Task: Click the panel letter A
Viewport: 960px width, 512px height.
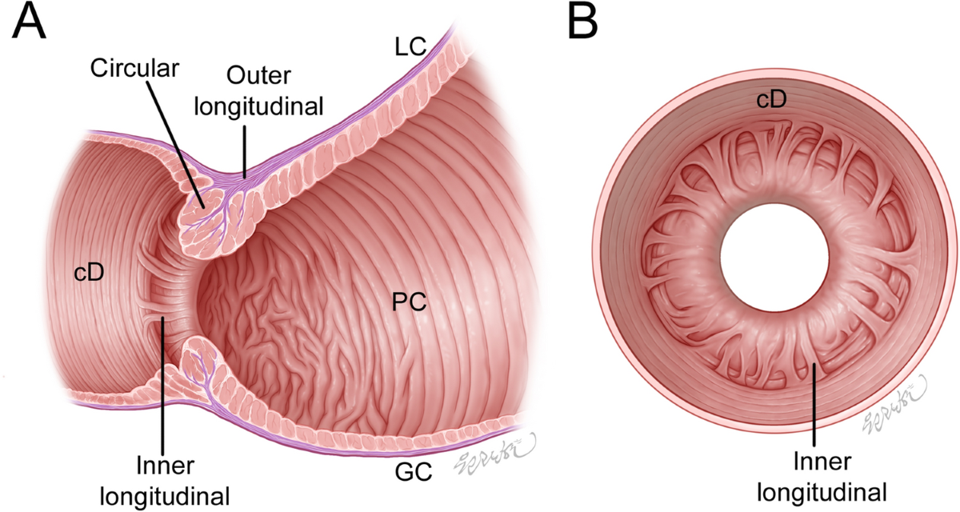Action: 29,24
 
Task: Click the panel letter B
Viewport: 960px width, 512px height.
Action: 582,24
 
